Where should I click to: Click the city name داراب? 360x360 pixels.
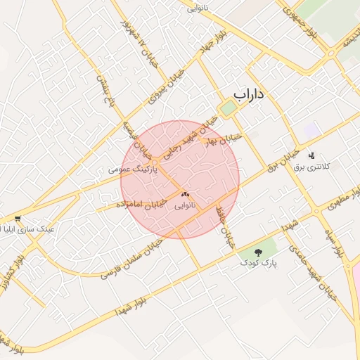pyautogui.click(x=252, y=94)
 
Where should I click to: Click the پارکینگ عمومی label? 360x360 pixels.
pyautogui.click(x=131, y=169)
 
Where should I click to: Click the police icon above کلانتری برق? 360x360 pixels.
pyautogui.click(x=311, y=155)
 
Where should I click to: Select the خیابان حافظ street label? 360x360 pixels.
pyautogui.click(x=225, y=226)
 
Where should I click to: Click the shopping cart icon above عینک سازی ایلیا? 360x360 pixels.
pyautogui.click(x=18, y=219)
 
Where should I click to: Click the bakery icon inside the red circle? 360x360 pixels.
pyautogui.click(x=186, y=194)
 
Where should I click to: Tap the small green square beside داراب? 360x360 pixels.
pyautogui.click(x=227, y=108)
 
